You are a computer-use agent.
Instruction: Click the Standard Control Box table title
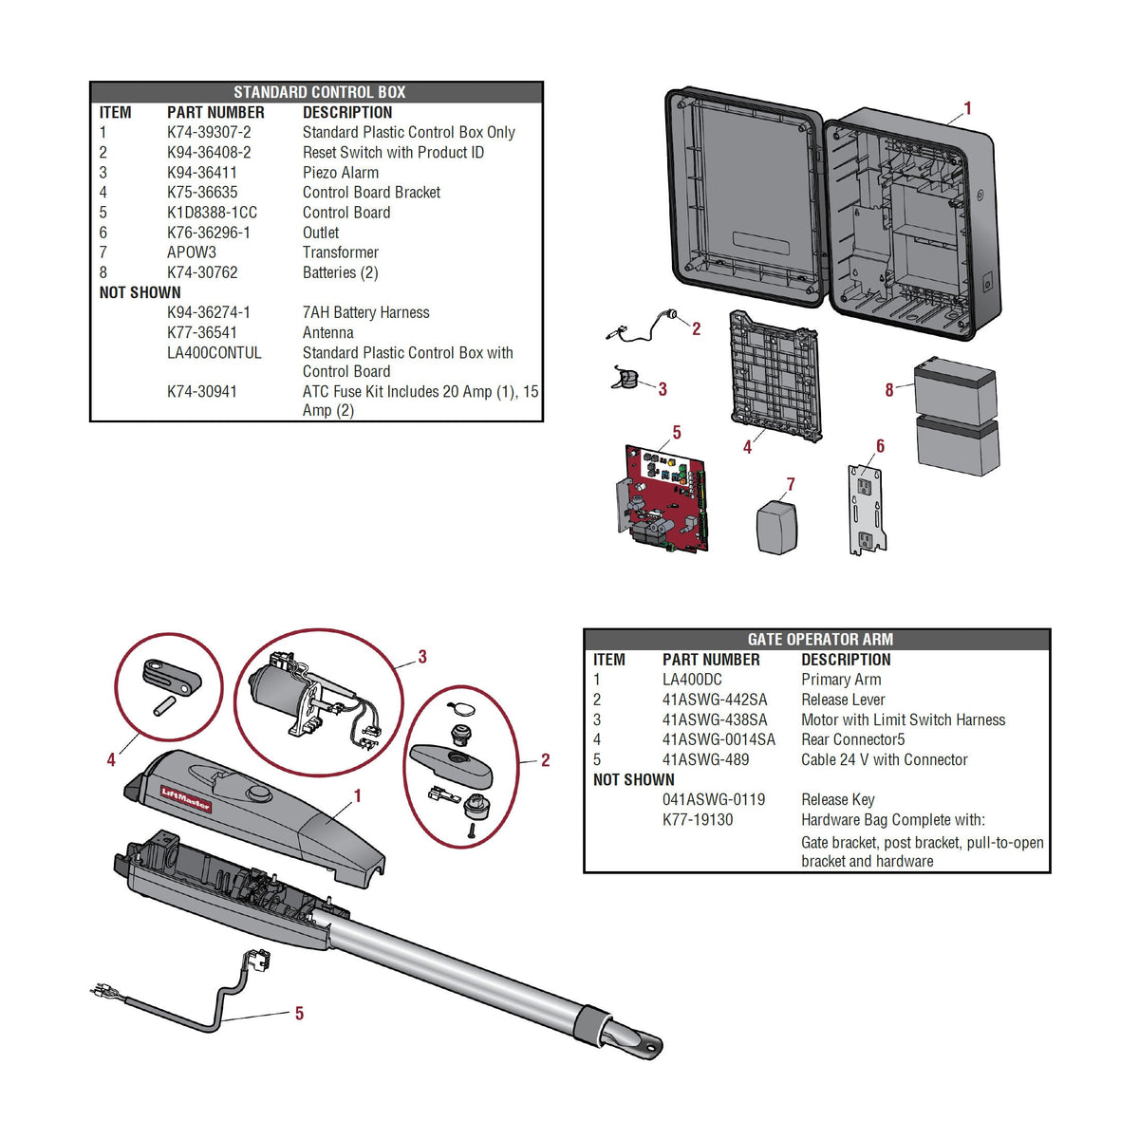coord(319,92)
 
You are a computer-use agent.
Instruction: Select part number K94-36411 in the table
coord(201,173)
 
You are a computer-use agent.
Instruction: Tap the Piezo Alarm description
coord(340,173)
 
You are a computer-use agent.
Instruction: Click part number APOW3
coord(191,252)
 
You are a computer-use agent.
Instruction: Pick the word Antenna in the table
coord(327,333)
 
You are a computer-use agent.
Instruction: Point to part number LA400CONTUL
coord(214,353)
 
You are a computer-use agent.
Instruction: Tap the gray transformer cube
coord(776,528)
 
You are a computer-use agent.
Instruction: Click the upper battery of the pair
coord(955,391)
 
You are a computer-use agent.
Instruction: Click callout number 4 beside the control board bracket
coord(747,447)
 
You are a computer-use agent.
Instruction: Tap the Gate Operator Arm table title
coord(819,640)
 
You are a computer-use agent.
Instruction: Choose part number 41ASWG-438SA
coord(714,720)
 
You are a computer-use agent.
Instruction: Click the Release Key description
coord(837,800)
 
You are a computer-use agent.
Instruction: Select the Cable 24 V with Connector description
coord(884,760)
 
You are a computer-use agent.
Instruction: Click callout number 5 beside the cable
coord(299,1014)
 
